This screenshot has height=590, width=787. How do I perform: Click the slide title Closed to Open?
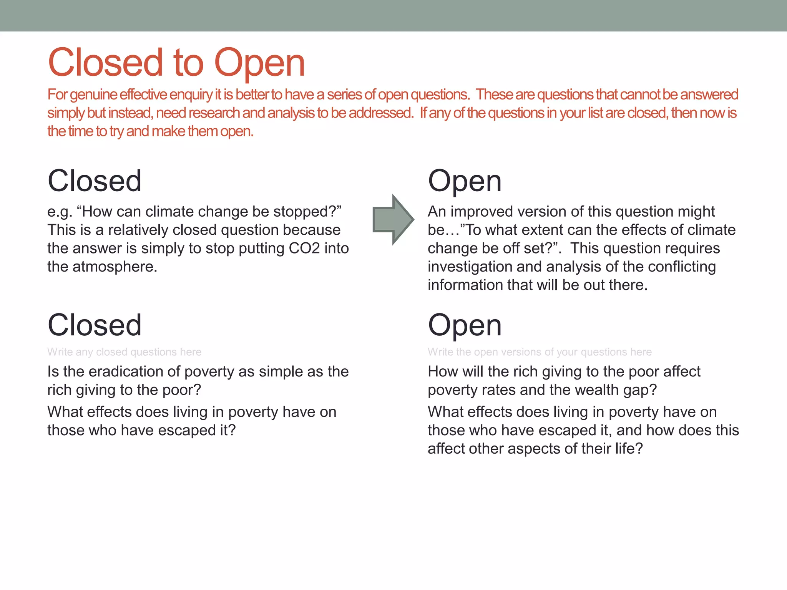[x=176, y=63]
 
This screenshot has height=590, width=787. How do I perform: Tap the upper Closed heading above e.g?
[x=95, y=181]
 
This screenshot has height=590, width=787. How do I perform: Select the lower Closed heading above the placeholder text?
[x=95, y=325]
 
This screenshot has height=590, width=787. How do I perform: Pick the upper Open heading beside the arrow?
[x=465, y=181]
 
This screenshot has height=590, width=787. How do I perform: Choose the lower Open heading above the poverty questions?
[x=465, y=325]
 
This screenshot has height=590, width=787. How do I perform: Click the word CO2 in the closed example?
[x=304, y=249]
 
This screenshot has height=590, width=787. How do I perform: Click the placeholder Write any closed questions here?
[x=124, y=352]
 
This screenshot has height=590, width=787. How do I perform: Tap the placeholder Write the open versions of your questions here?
[x=540, y=352]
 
